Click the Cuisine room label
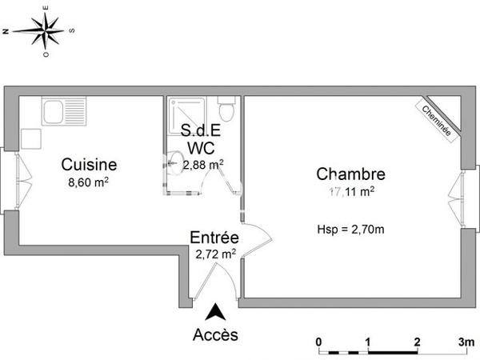click(90, 165)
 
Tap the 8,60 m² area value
click(89, 182)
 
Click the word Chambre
click(350, 174)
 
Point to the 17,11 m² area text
click(351, 191)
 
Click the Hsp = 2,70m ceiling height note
click(351, 230)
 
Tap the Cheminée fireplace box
click(436, 118)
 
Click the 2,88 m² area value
click(202, 165)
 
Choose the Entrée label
click(214, 238)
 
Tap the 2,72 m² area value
click(215, 254)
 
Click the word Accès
click(215, 334)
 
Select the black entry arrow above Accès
click(215, 313)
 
